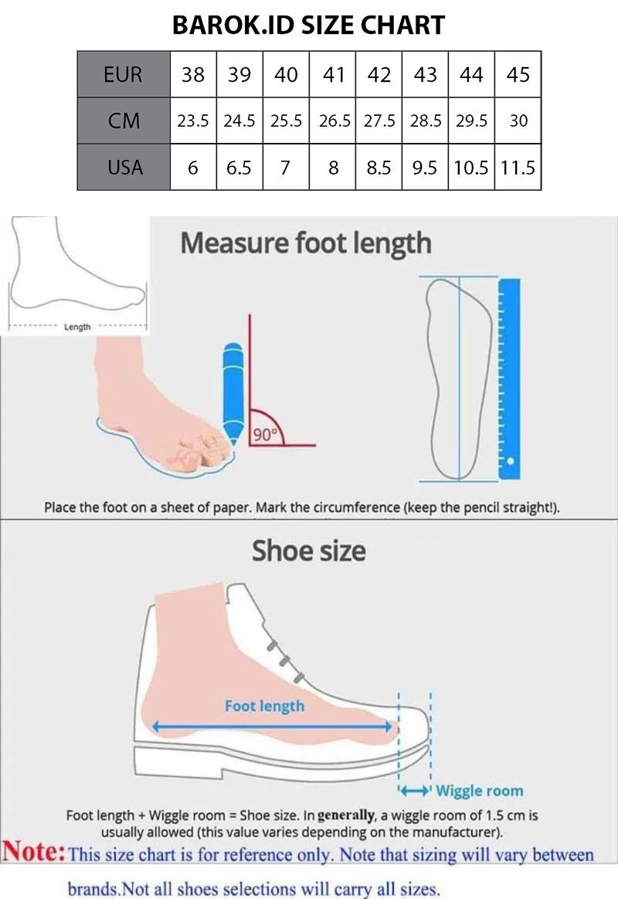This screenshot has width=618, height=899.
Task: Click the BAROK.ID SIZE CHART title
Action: pyautogui.click(x=308, y=25)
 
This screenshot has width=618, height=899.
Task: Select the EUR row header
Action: pyautogui.click(x=124, y=74)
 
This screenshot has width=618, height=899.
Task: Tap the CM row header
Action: pyautogui.click(x=124, y=120)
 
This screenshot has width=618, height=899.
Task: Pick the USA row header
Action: pyautogui.click(x=124, y=167)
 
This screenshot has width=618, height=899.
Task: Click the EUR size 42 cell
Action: pyautogui.click(x=379, y=74)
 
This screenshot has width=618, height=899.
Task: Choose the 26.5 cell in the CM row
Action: pyautogui.click(x=332, y=120)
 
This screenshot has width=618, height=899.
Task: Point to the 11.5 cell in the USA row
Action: pyautogui.click(x=518, y=167)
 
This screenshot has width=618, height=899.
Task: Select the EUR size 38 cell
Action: pyautogui.click(x=193, y=74)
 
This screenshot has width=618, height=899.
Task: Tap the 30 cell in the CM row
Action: pyautogui.click(x=518, y=120)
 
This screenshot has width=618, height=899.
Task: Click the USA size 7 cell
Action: pyautogui.click(x=286, y=167)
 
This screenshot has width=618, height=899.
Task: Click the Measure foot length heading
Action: pyautogui.click(x=306, y=243)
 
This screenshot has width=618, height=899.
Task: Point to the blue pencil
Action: pyautogui.click(x=233, y=394)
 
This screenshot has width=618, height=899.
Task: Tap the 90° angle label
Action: pyautogui.click(x=265, y=435)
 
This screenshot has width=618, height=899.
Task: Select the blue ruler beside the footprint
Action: pyautogui.click(x=510, y=378)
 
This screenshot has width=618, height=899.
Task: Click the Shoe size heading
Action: pyautogui.click(x=309, y=551)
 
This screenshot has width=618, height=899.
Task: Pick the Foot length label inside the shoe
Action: pyautogui.click(x=264, y=706)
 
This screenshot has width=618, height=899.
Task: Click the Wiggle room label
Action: pyautogui.click(x=480, y=791)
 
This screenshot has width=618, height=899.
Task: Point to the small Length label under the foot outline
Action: pyautogui.click(x=77, y=327)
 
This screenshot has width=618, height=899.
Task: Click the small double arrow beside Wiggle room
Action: pyautogui.click(x=415, y=791)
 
